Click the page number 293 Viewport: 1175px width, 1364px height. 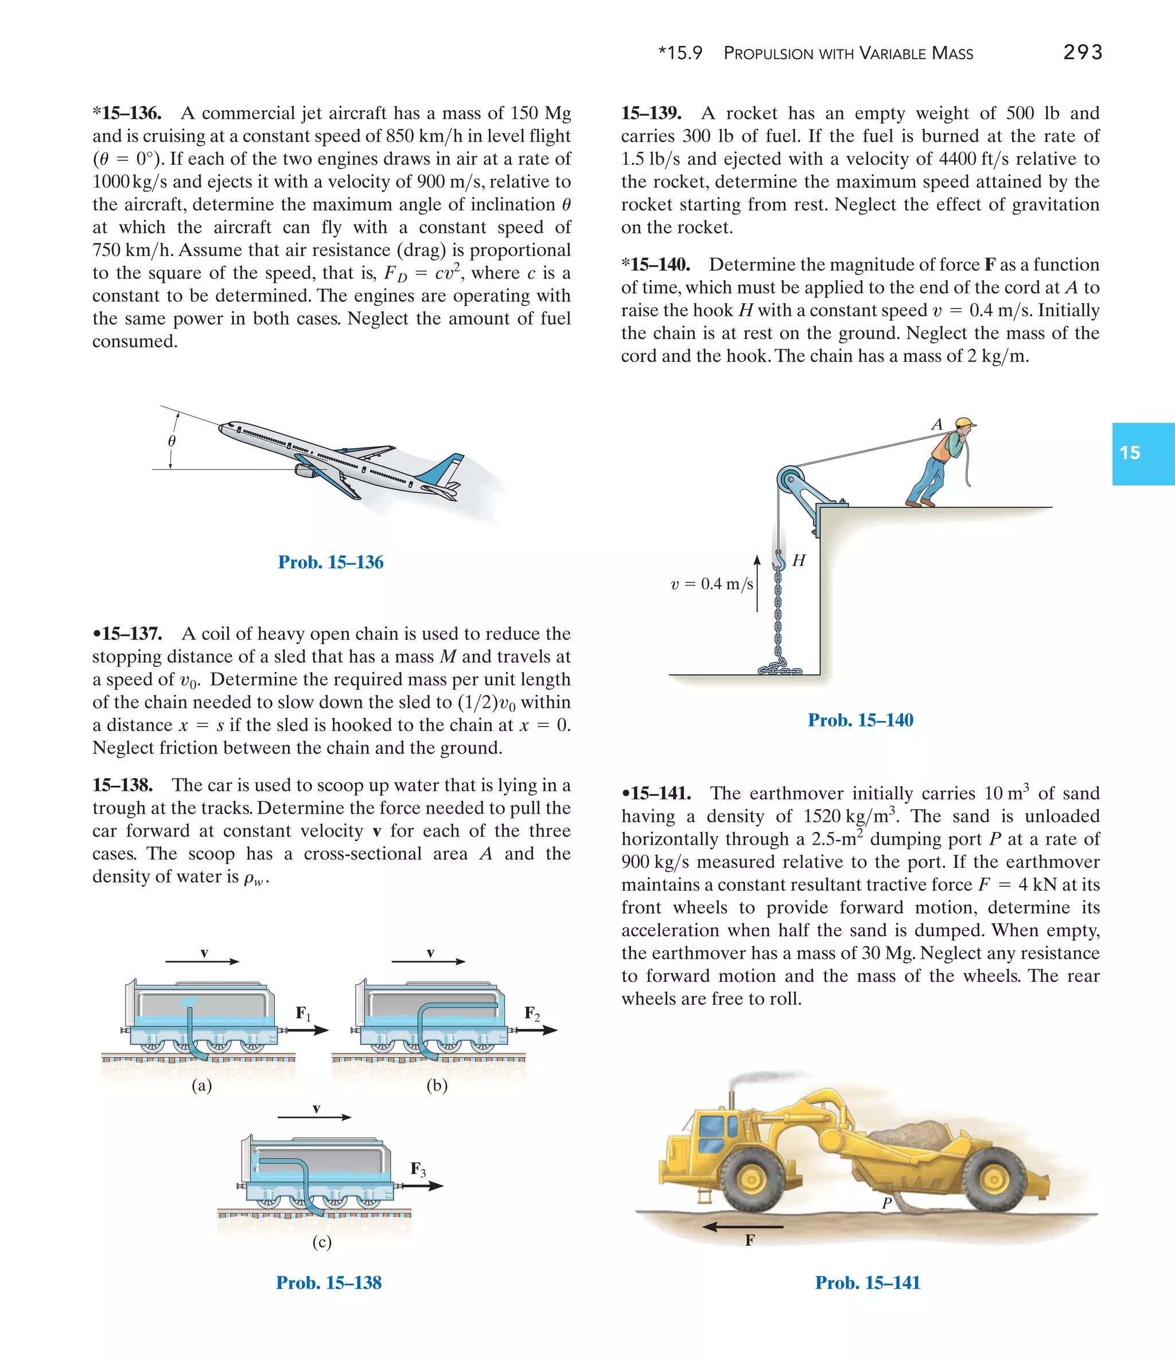pyautogui.click(x=1082, y=52)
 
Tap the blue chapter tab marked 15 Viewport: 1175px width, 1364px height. pyautogui.click(x=1143, y=453)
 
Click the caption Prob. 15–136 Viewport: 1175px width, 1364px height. pyautogui.click(x=330, y=562)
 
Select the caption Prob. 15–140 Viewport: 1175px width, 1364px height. pyautogui.click(x=861, y=720)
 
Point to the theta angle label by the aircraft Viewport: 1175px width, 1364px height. pyautogui.click(x=172, y=441)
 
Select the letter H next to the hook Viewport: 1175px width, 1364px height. pyautogui.click(x=799, y=560)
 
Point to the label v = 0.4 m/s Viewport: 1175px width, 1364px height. pyautogui.click(x=711, y=584)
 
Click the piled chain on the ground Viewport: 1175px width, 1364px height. pyautogui.click(x=781, y=670)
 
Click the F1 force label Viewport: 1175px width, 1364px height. pyautogui.click(x=303, y=1013)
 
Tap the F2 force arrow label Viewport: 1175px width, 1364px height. pyautogui.click(x=532, y=1013)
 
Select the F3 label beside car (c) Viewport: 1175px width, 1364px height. pyautogui.click(x=418, y=1169)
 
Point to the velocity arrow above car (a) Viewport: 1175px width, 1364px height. pyautogui.click(x=203, y=961)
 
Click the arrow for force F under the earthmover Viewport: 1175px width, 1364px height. pyautogui.click(x=742, y=1227)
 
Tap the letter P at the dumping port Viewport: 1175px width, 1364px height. pyautogui.click(x=886, y=1203)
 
